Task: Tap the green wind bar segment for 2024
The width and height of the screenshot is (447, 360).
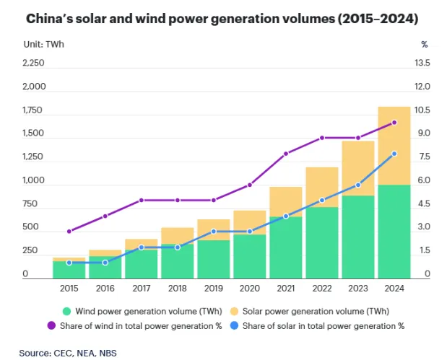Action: (x=394, y=231)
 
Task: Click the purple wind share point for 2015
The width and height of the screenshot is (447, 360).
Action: (x=69, y=232)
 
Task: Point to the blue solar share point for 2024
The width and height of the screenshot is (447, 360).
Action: (x=394, y=154)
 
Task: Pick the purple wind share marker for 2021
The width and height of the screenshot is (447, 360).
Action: (x=286, y=154)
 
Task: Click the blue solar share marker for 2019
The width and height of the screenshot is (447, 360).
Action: (x=214, y=232)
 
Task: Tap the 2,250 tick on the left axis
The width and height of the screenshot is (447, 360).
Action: (x=34, y=63)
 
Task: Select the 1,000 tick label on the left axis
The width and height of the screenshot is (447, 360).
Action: (x=34, y=180)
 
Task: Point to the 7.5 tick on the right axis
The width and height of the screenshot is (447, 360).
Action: (x=422, y=157)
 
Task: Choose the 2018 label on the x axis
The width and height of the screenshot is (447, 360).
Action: (x=178, y=289)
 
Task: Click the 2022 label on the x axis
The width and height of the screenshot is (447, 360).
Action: (x=322, y=289)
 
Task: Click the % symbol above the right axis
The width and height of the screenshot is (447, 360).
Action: (x=423, y=44)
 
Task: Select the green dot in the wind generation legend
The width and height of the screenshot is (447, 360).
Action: (x=67, y=312)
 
